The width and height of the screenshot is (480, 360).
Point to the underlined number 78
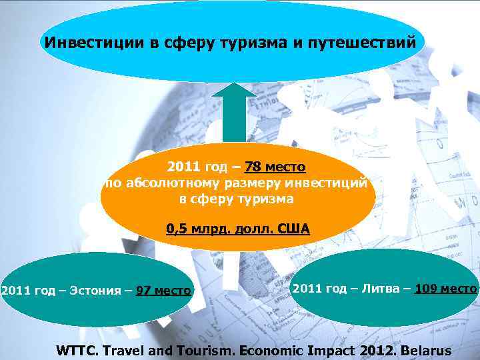254,166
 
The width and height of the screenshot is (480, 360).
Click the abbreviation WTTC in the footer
78,351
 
